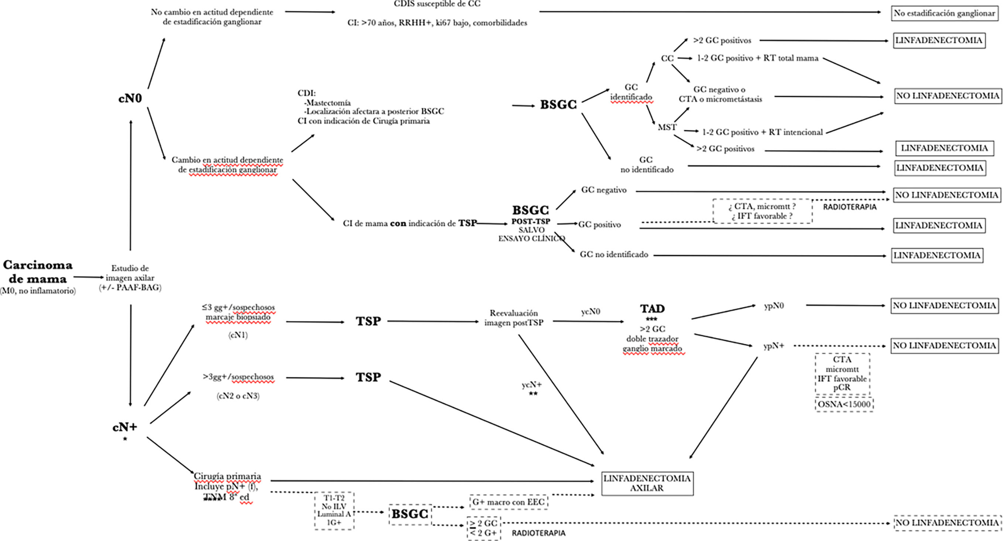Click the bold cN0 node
[130, 99]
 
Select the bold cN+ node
[124, 427]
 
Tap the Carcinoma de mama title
[38, 272]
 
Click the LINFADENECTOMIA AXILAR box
[647, 483]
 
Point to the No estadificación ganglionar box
[944, 13]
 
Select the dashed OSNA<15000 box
[844, 404]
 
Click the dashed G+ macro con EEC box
[509, 502]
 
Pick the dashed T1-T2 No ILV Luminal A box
[334, 510]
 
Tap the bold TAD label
[652, 309]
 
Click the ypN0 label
[774, 306]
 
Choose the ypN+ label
[774, 346]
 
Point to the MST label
[667, 127]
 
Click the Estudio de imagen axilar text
[130, 278]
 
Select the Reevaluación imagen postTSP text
[514, 318]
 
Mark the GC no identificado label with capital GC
[614, 255]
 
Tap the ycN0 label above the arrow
[590, 312]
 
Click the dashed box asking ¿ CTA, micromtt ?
[762, 211]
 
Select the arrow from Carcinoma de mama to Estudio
[89, 277]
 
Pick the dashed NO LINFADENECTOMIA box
[947, 523]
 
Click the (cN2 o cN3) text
[238, 396]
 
